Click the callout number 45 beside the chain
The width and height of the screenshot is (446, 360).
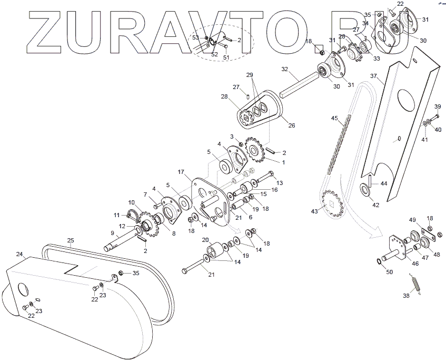coord(334,118)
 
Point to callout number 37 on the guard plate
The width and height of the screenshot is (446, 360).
coord(373,76)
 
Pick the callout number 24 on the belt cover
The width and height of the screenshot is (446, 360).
coord(20,254)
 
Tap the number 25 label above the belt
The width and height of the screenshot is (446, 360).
coord(71,240)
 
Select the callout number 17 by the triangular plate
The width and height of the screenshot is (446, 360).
coord(181,172)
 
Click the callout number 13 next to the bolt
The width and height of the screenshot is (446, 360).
coord(280,182)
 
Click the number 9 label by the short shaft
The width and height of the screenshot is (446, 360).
coord(112,232)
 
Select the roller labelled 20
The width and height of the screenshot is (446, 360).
coord(214,248)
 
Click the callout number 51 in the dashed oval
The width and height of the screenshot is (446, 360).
coord(226,57)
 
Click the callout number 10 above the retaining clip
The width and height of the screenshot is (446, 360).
coord(132,202)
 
